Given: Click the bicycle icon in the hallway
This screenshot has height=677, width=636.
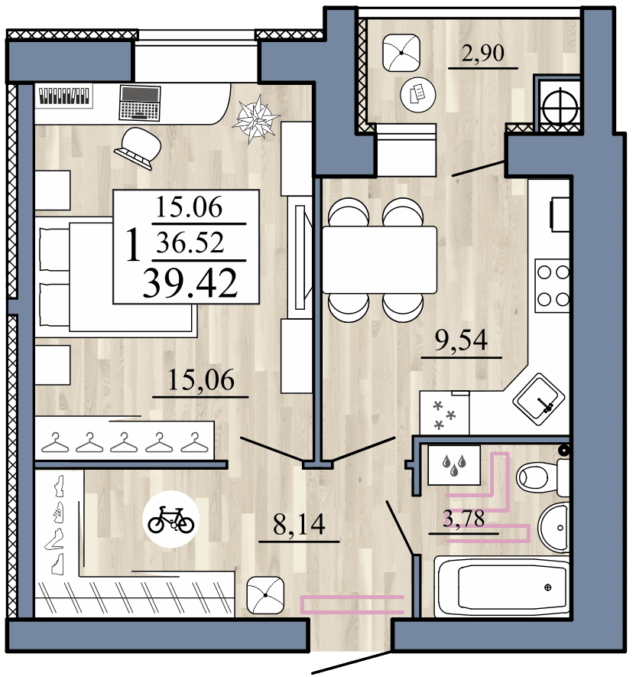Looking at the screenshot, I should [171, 521].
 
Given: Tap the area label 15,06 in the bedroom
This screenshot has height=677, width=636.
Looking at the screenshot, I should [201, 380].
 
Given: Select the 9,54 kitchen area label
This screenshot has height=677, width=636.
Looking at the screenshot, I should [461, 340].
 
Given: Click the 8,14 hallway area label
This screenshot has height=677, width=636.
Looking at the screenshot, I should [299, 525].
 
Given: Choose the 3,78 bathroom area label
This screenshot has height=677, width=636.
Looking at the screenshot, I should [464, 519].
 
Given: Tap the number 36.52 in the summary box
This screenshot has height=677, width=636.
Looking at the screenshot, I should [190, 242].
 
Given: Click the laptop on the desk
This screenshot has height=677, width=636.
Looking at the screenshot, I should [140, 102].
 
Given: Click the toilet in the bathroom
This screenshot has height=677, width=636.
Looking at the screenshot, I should [543, 477].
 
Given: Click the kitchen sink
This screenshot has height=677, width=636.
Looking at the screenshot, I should [540, 398].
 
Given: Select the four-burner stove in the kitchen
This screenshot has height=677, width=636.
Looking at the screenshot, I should [552, 285].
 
